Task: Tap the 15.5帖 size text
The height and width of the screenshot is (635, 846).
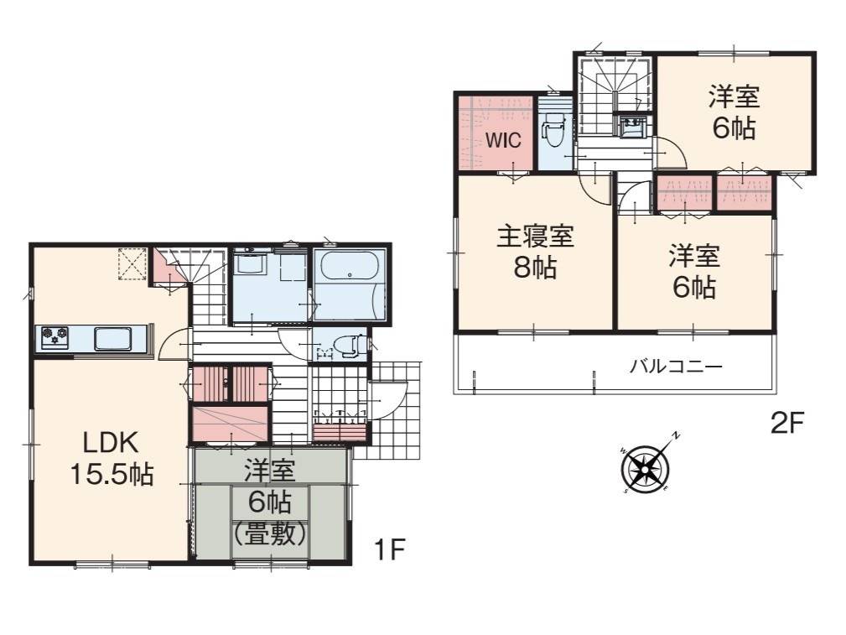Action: pyautogui.click(x=112, y=474)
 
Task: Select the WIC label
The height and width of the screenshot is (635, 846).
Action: pyautogui.click(x=503, y=140)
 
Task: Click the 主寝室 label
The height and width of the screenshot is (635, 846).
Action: pyautogui.click(x=535, y=237)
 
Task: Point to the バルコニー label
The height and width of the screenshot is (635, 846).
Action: pyautogui.click(x=676, y=367)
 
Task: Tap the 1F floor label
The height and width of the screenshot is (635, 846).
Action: pyautogui.click(x=389, y=549)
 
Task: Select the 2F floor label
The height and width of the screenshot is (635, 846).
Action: pyautogui.click(x=787, y=424)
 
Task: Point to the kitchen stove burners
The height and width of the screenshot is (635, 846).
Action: pyautogui.click(x=54, y=337)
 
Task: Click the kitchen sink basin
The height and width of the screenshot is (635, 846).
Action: pyautogui.click(x=112, y=339)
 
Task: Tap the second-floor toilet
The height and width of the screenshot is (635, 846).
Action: pyautogui.click(x=554, y=132)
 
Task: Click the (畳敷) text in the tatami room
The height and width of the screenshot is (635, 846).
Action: pyautogui.click(x=270, y=534)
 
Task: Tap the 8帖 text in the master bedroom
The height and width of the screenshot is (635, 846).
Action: pyautogui.click(x=535, y=267)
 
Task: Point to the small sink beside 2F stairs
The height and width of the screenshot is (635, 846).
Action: pyautogui.click(x=631, y=128)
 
